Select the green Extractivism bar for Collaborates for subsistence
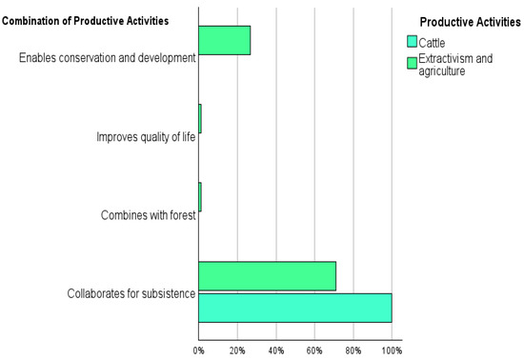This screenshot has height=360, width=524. point(267,276)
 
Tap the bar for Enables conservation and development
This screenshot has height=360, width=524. point(224,40)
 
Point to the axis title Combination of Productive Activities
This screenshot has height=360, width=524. point(86,21)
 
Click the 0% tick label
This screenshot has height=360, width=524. point(198,350)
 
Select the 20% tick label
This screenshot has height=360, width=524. point(237,350)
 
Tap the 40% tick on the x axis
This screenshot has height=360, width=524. point(276,350)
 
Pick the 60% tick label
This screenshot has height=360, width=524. point(314,350)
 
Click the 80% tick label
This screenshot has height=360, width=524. point(353,350)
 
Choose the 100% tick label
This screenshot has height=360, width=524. point(392,350)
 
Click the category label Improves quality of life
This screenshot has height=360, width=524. point(146,137)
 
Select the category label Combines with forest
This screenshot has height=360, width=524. point(148,215)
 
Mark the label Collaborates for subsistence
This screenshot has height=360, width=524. point(131,292)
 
